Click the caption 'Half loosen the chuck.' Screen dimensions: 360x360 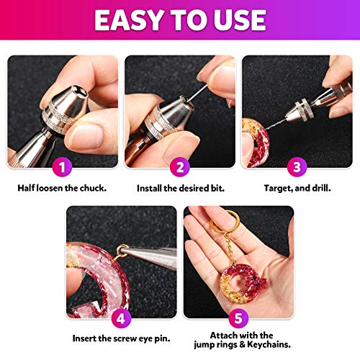(x=63, y=189)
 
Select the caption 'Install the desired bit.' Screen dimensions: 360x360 (x=179, y=189)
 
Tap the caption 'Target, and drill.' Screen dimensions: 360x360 (x=297, y=189)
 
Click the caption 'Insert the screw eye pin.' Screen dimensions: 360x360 (x=122, y=338)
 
